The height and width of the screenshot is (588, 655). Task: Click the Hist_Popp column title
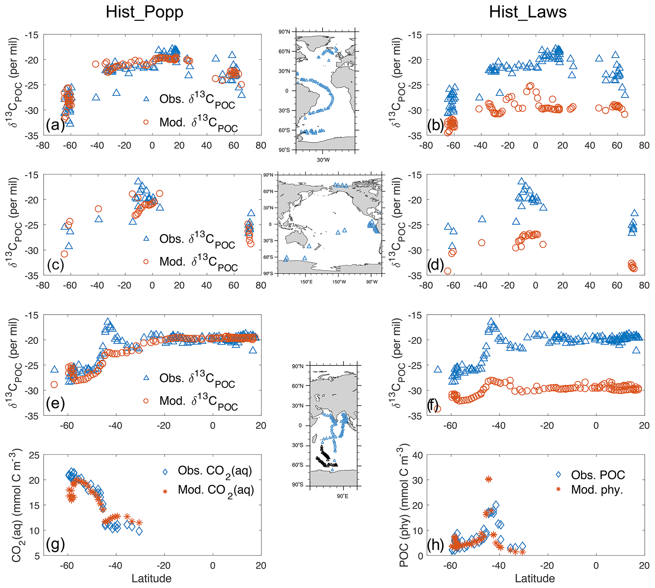[144, 12]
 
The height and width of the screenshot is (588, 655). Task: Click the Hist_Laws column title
[528, 12]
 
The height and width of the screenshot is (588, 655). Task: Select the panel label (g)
[55, 544]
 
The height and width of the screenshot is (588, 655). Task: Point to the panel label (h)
[436, 545]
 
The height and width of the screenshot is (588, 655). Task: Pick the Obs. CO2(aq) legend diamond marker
[165, 472]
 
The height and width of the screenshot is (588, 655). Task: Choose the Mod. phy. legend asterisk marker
[558, 489]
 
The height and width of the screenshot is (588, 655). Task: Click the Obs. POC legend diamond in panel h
[558, 475]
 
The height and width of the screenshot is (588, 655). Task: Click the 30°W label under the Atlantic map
[323, 160]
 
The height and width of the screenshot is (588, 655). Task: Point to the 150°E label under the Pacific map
[306, 282]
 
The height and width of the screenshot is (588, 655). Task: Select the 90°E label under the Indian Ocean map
[343, 496]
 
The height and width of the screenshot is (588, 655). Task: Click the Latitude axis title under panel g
[151, 578]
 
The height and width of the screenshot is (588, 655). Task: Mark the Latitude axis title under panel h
[535, 578]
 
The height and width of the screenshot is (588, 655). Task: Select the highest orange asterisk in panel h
[489, 479]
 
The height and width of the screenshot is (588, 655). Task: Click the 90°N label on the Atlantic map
[284, 32]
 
